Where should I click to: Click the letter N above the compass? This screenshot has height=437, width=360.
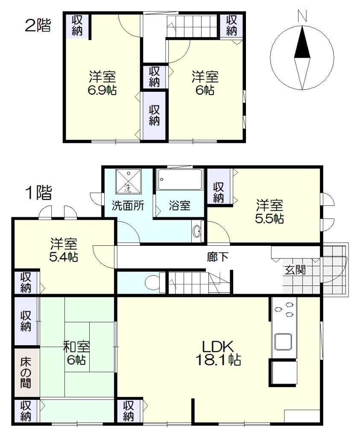pyautogui.click(x=302, y=16)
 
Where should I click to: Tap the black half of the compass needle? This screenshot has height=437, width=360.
pyautogui.click(x=302, y=44)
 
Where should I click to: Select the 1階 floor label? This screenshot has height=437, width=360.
pyautogui.click(x=39, y=192)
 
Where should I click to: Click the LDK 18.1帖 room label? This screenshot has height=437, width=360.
pyautogui.click(x=218, y=353)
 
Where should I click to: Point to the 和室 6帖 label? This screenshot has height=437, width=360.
pyautogui.click(x=76, y=353)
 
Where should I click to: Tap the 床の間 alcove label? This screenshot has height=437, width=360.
pyautogui.click(x=25, y=373)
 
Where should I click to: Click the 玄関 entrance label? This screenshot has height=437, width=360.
pyautogui.click(x=295, y=270)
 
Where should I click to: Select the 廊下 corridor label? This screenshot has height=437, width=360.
pyautogui.click(x=218, y=257)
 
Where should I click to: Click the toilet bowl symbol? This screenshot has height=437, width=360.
pyautogui.click(x=152, y=283)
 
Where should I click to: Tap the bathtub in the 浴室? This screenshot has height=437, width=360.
pyautogui.click(x=180, y=180)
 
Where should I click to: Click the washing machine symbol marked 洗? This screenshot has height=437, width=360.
pyautogui.click(x=128, y=181)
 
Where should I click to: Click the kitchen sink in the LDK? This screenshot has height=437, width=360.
pyautogui.click(x=283, y=342)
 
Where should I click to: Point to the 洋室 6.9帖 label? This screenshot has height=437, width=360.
pyautogui.click(x=102, y=83)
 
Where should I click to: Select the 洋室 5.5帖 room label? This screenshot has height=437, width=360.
pyautogui.click(x=269, y=212)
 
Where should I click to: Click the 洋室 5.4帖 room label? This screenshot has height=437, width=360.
pyautogui.click(x=64, y=250)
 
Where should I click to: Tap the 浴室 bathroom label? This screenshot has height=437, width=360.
pyautogui.click(x=180, y=206)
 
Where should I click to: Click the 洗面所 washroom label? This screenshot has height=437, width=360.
pyautogui.click(x=128, y=206)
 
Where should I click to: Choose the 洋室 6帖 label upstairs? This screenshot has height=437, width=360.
pyautogui.click(x=205, y=83)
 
